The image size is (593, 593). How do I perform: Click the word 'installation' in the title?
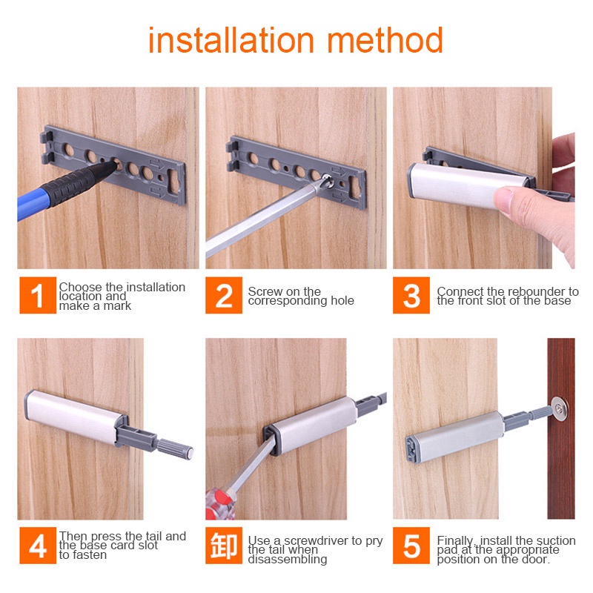231,40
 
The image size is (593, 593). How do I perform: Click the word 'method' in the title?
385,40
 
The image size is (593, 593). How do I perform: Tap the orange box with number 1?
38,295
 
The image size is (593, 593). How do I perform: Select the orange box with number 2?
224,295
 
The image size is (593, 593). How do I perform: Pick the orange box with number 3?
411,295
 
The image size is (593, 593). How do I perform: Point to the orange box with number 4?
38,546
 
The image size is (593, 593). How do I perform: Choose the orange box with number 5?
411,546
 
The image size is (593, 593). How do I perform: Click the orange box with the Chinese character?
224,546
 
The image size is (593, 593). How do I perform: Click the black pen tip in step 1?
112,165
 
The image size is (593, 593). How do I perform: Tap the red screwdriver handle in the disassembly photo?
219,504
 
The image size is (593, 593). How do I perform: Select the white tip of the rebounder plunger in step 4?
190,453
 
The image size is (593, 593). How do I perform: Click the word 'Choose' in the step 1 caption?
81,287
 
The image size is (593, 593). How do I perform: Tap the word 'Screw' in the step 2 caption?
264,291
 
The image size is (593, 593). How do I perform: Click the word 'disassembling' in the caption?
288,560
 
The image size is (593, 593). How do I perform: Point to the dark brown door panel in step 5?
561,428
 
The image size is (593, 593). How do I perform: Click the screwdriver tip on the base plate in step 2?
326,181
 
